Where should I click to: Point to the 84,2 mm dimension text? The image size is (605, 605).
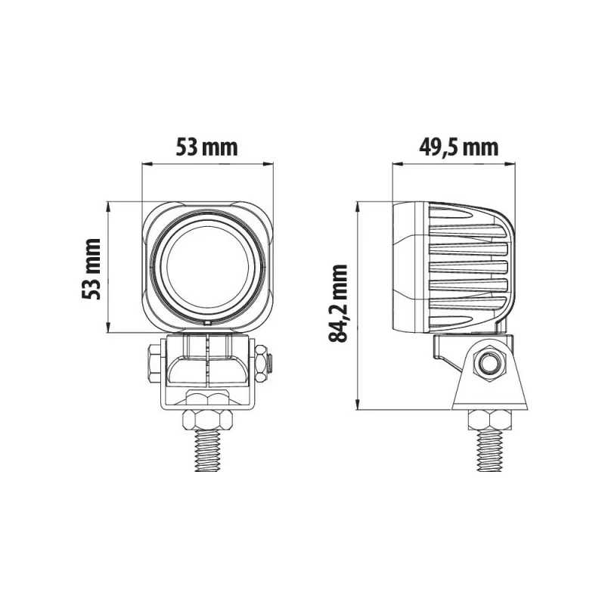pyautogui.click(x=340, y=302)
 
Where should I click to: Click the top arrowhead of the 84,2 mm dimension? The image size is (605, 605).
pyautogui.click(x=359, y=206)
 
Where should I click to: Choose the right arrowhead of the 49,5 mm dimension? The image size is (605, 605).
pyautogui.click(x=515, y=163)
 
